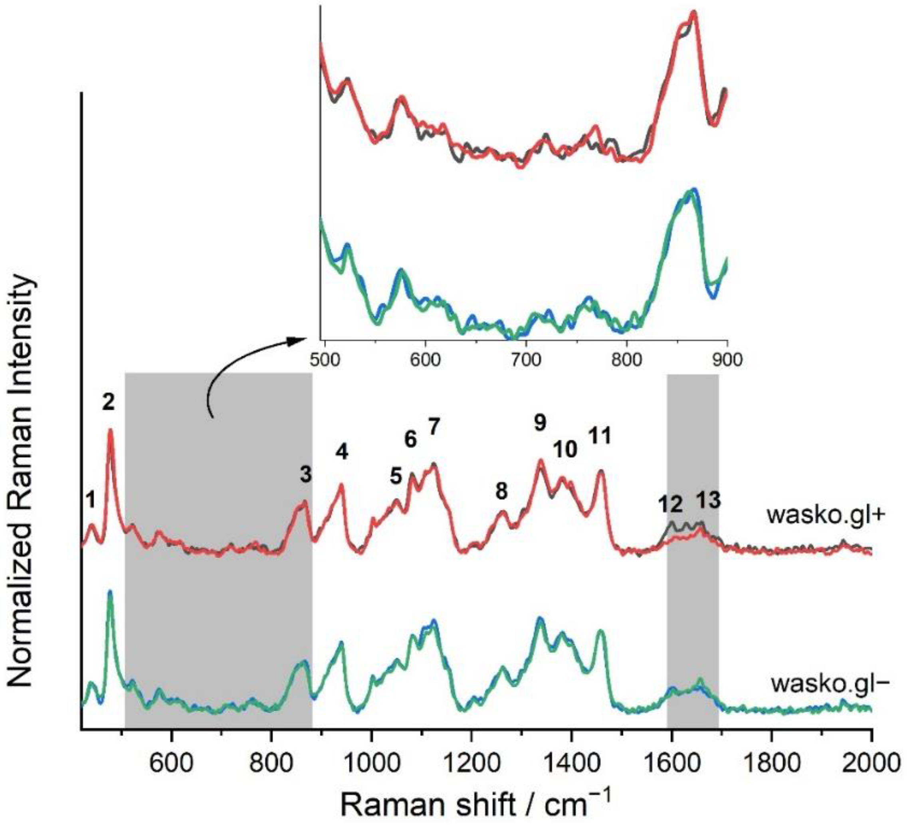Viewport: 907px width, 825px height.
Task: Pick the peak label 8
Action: coord(502,491)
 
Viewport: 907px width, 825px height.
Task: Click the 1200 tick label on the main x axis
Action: coord(471,749)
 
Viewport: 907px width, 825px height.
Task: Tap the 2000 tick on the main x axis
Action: coord(871,749)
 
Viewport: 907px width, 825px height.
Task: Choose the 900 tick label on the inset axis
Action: coord(727,360)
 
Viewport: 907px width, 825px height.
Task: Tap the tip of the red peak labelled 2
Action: coord(110,430)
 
